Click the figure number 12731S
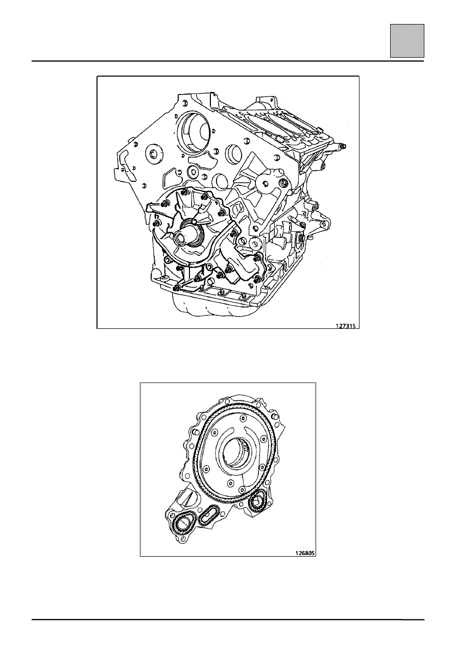pyautogui.click(x=346, y=326)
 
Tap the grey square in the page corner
pyautogui.click(x=407, y=41)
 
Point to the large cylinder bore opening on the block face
pyautogui.click(x=195, y=132)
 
